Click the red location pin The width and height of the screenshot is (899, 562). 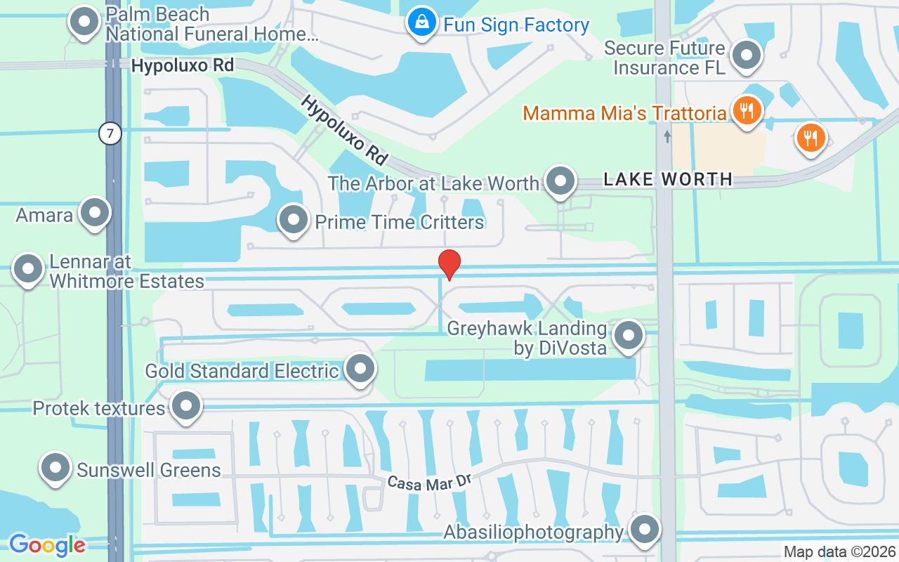tap(449, 264)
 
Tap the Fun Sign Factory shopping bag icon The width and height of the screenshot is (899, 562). tap(421, 23)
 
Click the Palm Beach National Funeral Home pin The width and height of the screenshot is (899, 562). tap(85, 22)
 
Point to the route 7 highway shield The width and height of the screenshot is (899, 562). tap(110, 133)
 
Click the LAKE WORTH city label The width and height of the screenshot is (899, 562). tap(668, 180)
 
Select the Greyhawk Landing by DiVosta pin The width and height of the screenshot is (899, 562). tap(629, 336)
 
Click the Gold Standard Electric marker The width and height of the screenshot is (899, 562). tap(361, 368)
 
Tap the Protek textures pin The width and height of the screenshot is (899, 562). tap(186, 405)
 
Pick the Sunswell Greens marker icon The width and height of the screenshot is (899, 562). tap(55, 468)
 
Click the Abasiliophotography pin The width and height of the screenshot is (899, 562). tap(645, 530)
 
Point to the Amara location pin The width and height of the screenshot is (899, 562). tap(94, 213)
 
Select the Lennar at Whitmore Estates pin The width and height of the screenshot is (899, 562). tap(29, 269)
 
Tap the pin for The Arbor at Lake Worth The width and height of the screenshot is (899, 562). tap(560, 182)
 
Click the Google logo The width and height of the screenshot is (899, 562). tap(47, 545)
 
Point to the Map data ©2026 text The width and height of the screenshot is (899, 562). tap(839, 552)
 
